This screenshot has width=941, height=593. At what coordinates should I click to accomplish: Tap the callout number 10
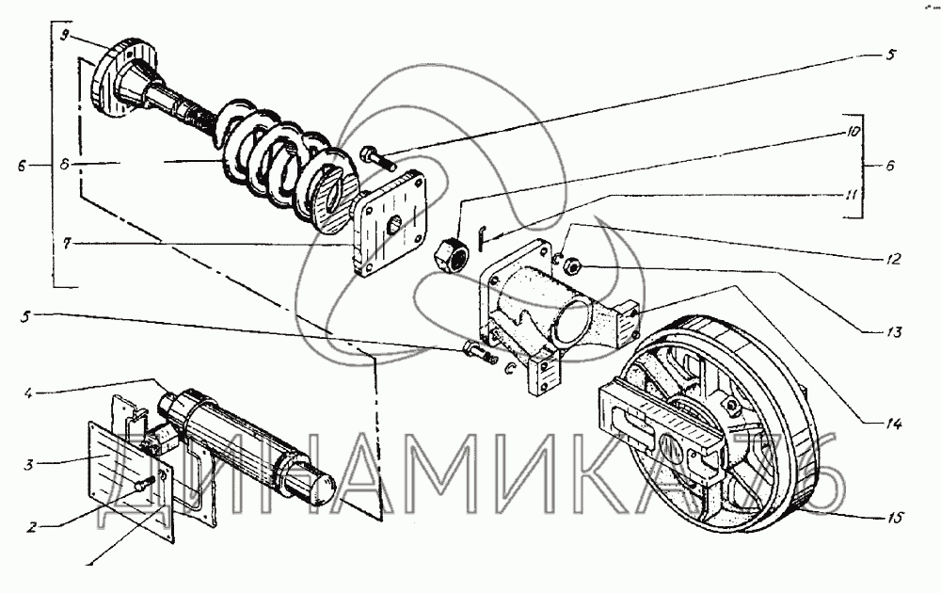(853, 132)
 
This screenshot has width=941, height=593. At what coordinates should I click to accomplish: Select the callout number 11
(852, 195)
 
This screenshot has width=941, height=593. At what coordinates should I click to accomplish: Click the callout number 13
(894, 332)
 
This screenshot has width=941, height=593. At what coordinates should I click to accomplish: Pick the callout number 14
(893, 425)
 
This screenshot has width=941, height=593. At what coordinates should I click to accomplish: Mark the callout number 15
(893, 518)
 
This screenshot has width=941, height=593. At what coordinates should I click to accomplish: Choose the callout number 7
(67, 244)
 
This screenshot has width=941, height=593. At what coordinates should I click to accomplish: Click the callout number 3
(28, 463)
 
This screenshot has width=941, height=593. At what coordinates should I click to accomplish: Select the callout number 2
(32, 527)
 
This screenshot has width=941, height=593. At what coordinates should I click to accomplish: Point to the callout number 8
(65, 163)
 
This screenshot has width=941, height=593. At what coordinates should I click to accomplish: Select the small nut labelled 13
(571, 264)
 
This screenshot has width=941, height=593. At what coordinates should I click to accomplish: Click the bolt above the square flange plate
(377, 157)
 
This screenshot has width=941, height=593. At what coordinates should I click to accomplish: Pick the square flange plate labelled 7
(388, 223)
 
